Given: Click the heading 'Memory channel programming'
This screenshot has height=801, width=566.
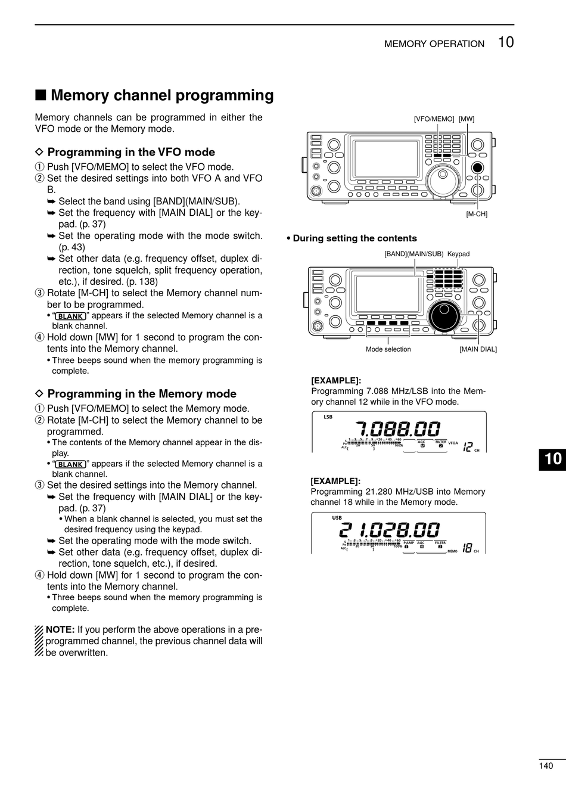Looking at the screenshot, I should point(162,95).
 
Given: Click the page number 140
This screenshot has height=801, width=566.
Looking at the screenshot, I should point(546,766).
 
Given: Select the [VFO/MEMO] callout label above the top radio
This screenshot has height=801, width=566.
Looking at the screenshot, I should point(434,119).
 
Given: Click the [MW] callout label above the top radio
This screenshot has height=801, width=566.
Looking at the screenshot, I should point(467,119).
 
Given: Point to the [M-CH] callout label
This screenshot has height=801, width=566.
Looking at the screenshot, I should point(477,214).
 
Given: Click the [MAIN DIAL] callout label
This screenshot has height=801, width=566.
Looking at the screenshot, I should point(478,349).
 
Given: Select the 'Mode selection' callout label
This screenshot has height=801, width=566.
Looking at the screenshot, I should point(388,349).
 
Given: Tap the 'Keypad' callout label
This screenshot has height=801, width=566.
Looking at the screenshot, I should point(458,254).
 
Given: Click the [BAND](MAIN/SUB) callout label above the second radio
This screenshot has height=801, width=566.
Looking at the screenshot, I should point(413,254).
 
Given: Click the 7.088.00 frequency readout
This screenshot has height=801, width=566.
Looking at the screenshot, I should point(398,429).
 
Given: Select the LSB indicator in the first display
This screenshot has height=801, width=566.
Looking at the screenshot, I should point(328,417).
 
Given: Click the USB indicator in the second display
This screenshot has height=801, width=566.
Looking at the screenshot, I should point(337,518).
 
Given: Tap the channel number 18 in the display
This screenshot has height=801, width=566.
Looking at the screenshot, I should point(467,548).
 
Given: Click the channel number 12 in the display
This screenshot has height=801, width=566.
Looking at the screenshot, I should point(468,447).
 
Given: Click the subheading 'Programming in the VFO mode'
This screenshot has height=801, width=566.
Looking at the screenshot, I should point(131,153).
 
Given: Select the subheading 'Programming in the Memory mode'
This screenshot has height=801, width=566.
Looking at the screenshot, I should point(142,394).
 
